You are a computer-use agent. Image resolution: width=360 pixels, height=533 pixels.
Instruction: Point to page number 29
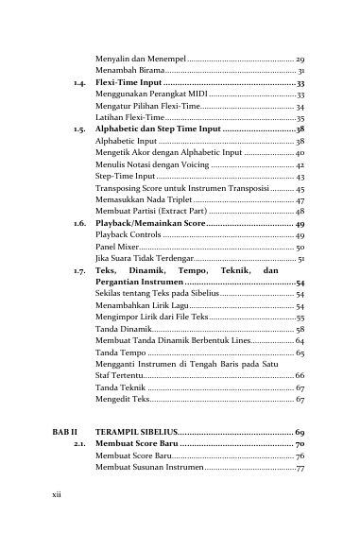coord(300,60)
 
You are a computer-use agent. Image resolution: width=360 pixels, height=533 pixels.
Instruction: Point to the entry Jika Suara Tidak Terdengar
coord(146,258)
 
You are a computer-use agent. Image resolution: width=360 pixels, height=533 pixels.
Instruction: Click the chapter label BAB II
coord(60,431)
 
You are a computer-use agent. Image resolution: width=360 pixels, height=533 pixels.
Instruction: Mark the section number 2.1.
coord(80,443)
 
